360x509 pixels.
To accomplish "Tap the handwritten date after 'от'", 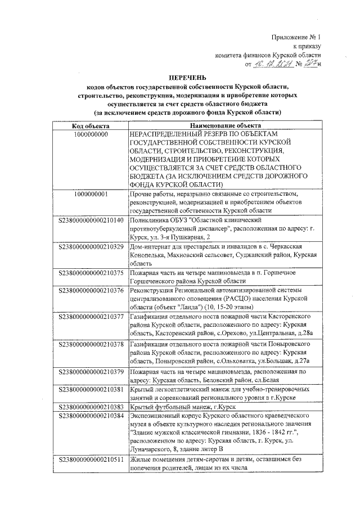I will [272, 65].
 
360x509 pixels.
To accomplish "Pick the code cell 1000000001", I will [91, 194].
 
